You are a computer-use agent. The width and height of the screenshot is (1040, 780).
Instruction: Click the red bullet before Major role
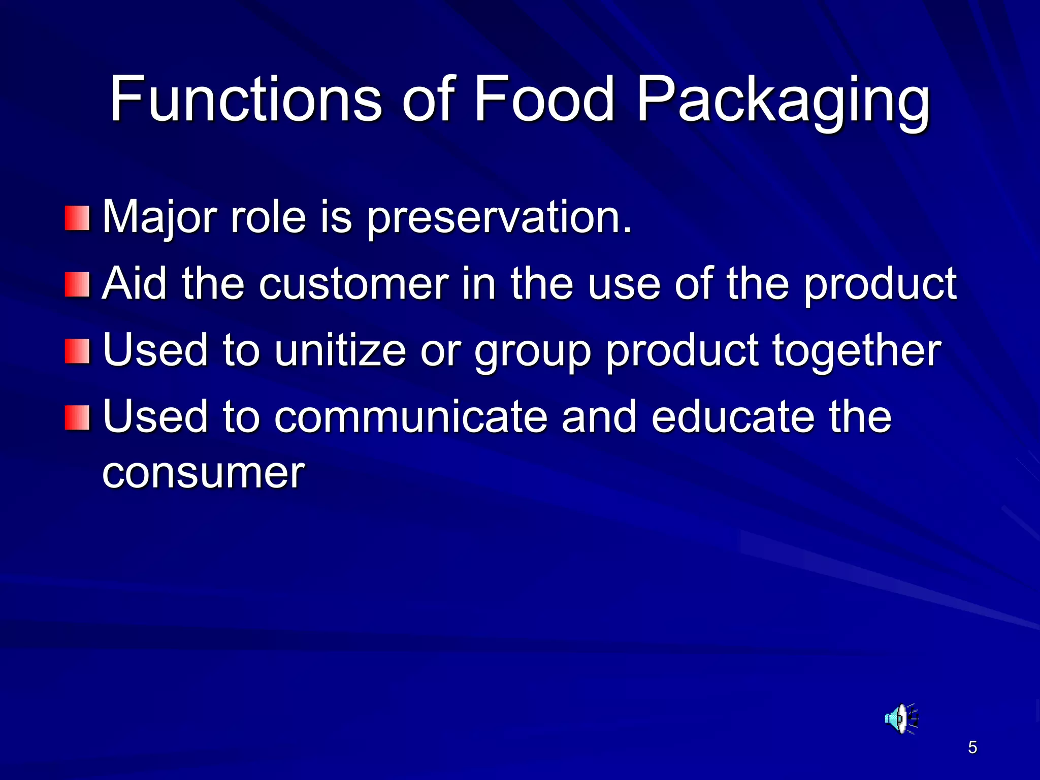click(77, 218)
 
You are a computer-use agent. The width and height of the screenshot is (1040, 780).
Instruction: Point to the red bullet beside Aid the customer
click(77, 285)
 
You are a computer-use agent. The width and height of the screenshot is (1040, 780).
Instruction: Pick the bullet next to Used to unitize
click(77, 351)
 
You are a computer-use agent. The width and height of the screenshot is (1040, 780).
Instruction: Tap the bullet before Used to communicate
click(77, 417)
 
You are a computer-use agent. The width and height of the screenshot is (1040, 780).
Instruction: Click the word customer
click(353, 284)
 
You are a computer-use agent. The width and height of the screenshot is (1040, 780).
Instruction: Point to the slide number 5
click(972, 747)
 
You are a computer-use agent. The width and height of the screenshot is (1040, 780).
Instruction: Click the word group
click(533, 351)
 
